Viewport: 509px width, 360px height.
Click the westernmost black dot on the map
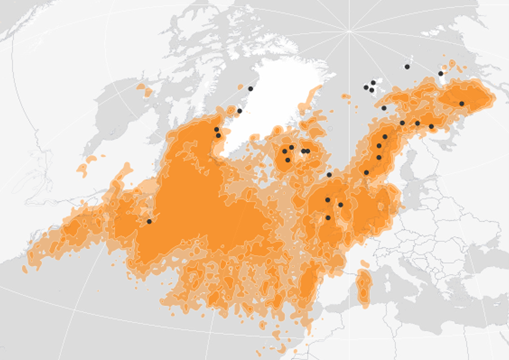(x=149, y=221)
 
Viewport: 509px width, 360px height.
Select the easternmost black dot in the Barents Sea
(x=461, y=104)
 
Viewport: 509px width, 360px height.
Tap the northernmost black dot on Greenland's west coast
(x=250, y=89)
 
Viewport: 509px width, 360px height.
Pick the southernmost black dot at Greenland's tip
(x=218, y=136)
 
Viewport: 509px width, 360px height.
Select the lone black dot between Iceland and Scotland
(x=329, y=175)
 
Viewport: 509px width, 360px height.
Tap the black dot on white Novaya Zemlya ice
(x=441, y=73)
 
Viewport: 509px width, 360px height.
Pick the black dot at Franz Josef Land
(x=406, y=66)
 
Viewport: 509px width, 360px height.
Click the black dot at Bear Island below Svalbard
(x=383, y=108)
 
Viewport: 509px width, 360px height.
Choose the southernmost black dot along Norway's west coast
(x=366, y=172)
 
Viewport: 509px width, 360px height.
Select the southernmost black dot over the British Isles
(x=327, y=217)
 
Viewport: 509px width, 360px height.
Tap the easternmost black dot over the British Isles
(x=340, y=205)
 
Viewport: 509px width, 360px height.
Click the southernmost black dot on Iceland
(x=288, y=159)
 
